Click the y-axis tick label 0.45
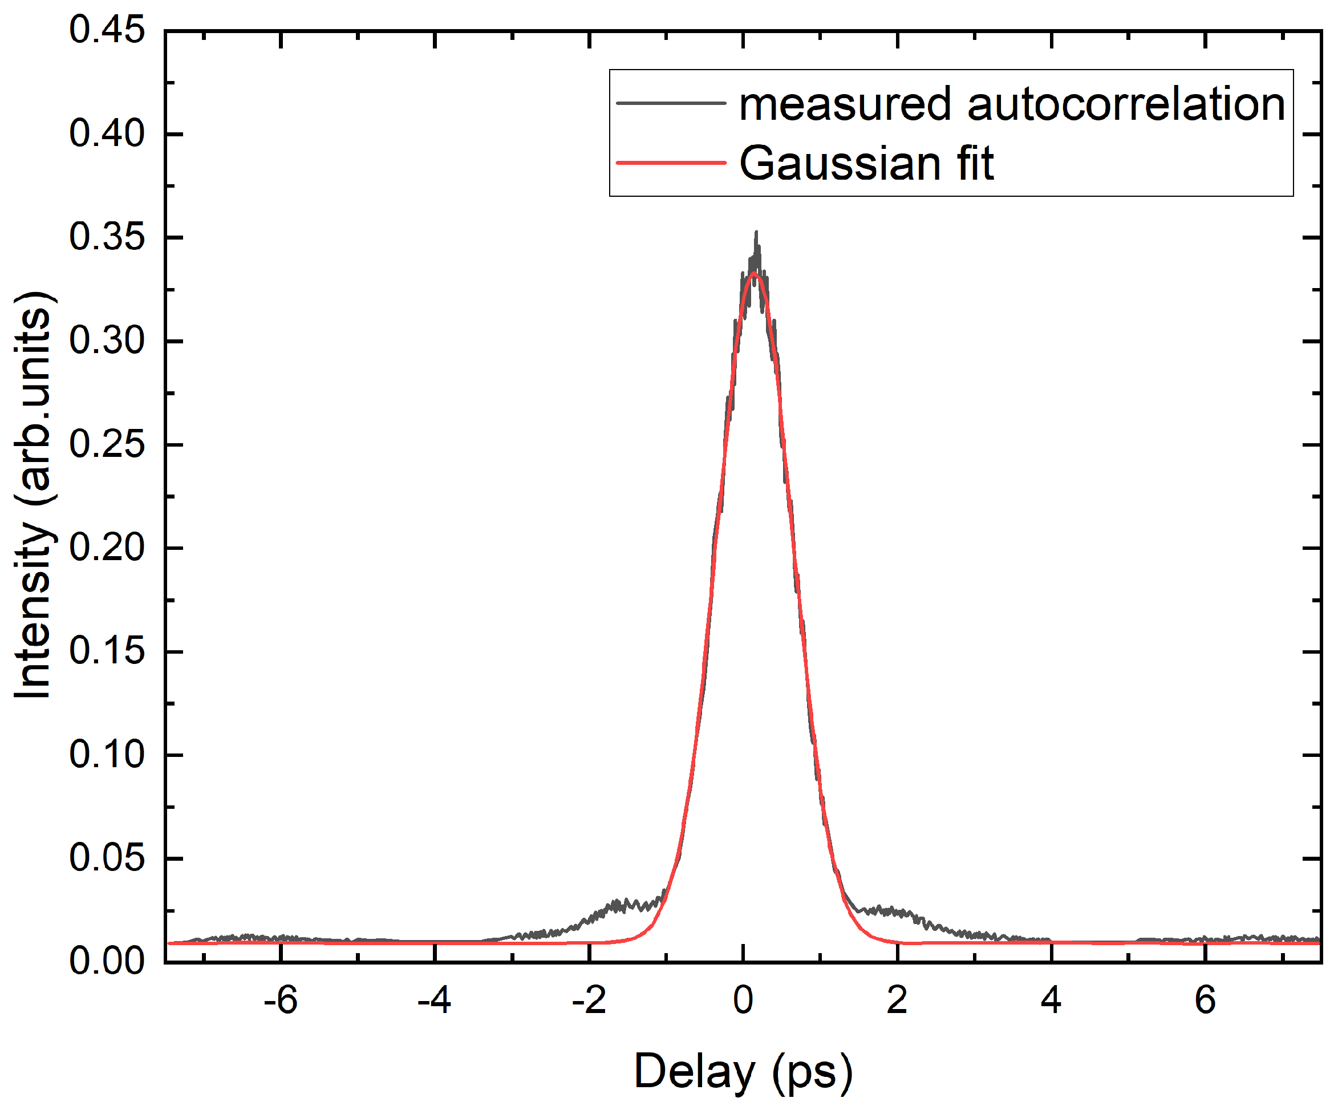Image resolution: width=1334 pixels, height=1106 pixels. pos(107,30)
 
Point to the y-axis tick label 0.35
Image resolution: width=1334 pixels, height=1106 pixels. pos(107,238)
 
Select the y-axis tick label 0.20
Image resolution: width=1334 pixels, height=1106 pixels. pos(107,548)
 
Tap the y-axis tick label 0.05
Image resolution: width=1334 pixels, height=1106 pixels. pos(107,858)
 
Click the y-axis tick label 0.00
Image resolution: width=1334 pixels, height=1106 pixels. pos(107,961)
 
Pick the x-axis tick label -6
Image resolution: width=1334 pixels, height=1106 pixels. pos(280,1000)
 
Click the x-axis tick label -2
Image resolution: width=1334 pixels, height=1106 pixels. pos(589,1000)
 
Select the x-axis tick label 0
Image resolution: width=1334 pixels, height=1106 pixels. pos(743,1000)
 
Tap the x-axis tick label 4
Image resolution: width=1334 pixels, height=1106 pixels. pos(1051,1000)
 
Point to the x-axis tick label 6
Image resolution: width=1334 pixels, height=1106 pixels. pos(1205,1000)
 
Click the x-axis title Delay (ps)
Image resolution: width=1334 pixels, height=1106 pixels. pos(743,1073)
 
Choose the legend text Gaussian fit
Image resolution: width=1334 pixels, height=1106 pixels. pos(866,163)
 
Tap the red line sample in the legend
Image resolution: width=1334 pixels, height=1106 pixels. pos(671,163)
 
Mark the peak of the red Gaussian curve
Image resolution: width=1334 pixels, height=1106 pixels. pos(754,273)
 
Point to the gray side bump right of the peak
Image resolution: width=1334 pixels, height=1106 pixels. pos(889,911)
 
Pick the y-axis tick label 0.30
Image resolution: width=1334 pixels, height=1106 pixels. pos(107,341)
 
